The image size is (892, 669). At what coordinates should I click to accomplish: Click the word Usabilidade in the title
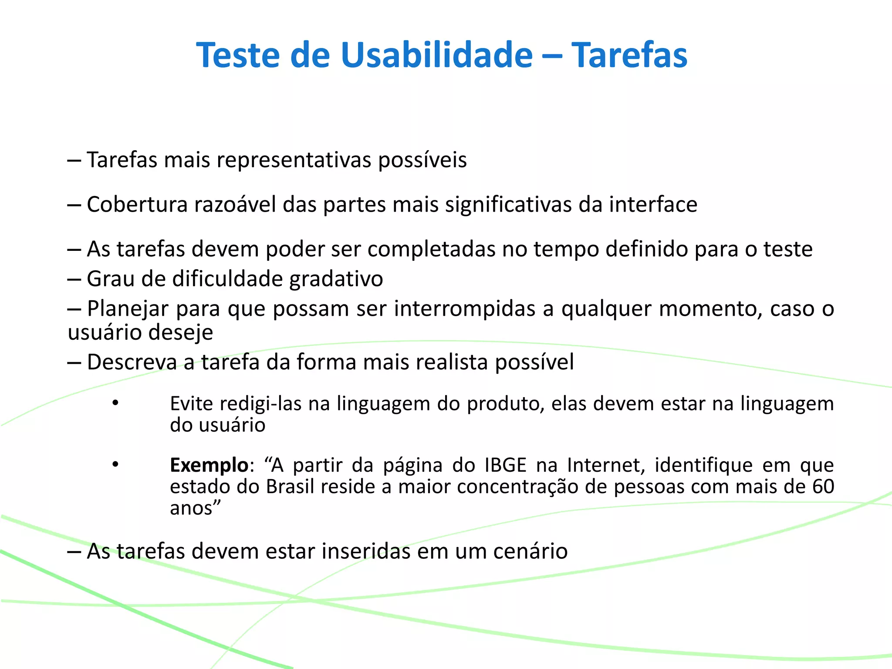436,55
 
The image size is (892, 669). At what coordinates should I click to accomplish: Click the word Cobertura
137,205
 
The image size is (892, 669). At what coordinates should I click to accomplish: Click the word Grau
111,279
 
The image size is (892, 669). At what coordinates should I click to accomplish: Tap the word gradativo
336,279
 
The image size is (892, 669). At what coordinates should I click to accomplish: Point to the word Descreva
132,362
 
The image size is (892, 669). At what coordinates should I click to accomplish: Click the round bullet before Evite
115,403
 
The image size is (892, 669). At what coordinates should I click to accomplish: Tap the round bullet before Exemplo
115,465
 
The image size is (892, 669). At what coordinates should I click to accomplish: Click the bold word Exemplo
209,465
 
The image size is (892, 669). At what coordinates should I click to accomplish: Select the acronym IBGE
505,465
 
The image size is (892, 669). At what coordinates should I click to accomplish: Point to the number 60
822,487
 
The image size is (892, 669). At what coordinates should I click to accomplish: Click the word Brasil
290,487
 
